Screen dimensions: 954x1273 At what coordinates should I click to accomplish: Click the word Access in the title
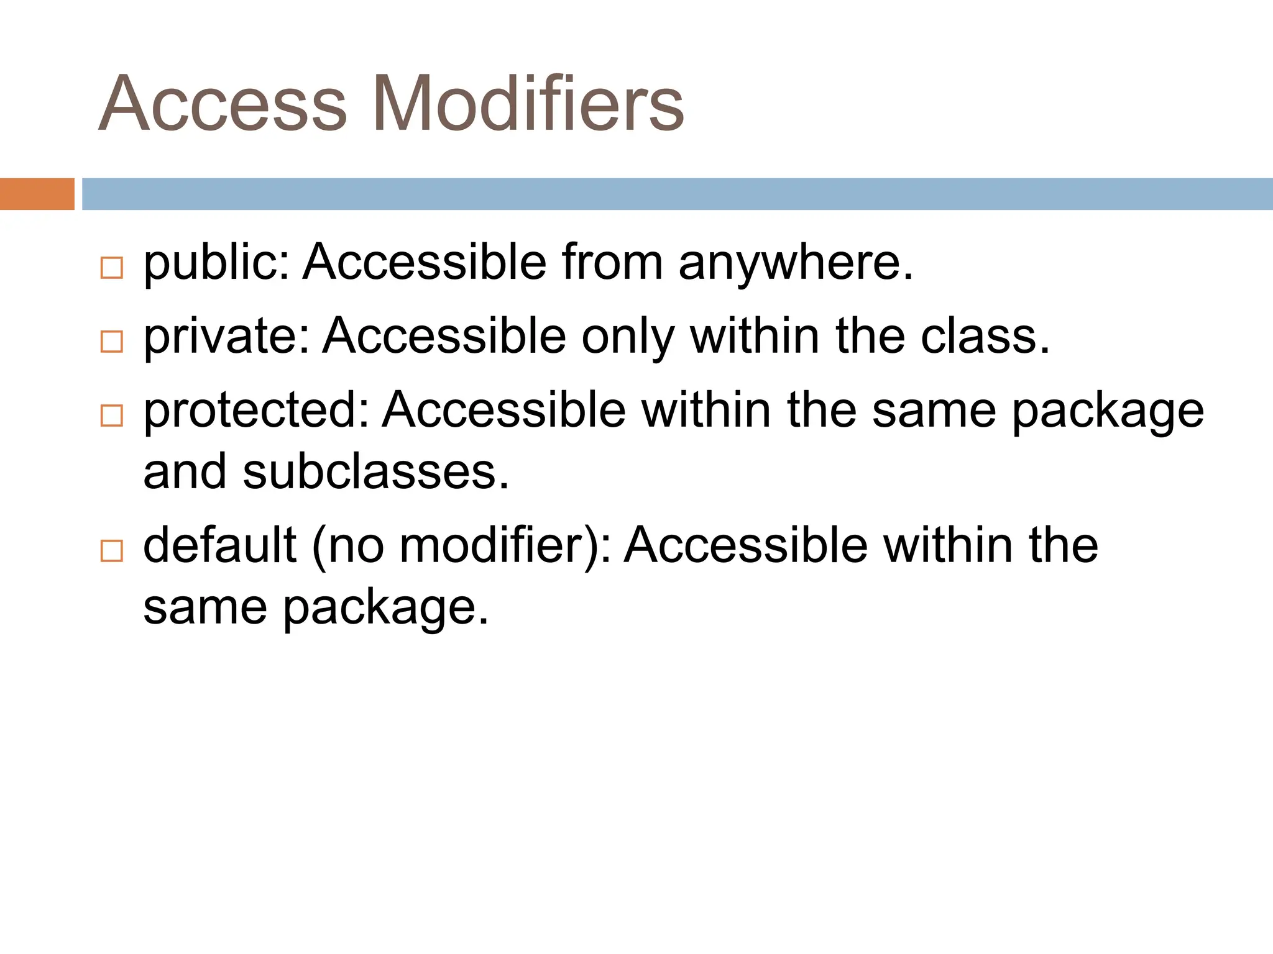[223, 104]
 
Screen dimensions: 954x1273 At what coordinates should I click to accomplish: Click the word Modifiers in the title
[528, 104]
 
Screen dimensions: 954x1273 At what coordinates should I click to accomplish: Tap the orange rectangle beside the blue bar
[37, 194]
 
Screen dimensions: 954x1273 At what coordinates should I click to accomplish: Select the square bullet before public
[112, 268]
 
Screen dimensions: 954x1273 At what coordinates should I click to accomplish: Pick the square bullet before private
[112, 342]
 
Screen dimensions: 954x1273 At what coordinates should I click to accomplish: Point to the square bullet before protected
[112, 415]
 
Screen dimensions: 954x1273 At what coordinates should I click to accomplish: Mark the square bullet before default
[112, 550]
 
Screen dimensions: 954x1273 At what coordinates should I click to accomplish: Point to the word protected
[255, 411]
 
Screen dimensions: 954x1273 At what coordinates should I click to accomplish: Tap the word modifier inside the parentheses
[490, 545]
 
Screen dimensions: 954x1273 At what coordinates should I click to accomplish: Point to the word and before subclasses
[185, 472]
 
